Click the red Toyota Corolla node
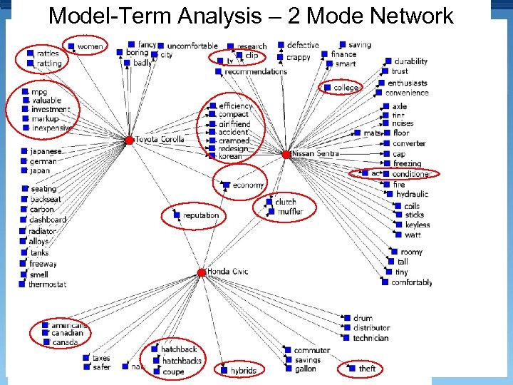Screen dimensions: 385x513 (x=129, y=140)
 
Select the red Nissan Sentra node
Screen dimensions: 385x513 (x=286, y=155)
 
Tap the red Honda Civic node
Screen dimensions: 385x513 (x=202, y=272)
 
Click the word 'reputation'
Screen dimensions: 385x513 (x=201, y=215)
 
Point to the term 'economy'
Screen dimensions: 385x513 (x=248, y=185)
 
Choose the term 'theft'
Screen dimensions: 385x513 (x=367, y=369)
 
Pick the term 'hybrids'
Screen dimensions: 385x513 (x=243, y=371)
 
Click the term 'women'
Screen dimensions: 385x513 (x=90, y=47)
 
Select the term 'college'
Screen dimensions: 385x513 (x=346, y=88)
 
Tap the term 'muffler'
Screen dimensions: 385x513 (x=290, y=212)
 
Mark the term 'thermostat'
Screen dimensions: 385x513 (x=47, y=284)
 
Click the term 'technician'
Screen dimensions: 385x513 (x=370, y=338)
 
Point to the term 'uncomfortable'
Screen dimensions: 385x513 (x=192, y=46)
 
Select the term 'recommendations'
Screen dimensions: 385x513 (x=255, y=71)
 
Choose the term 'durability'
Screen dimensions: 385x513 (x=410, y=61)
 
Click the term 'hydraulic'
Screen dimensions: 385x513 (x=412, y=194)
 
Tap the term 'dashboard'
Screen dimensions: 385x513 (x=48, y=220)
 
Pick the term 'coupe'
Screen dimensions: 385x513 (x=173, y=371)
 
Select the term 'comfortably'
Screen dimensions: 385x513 (x=411, y=282)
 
